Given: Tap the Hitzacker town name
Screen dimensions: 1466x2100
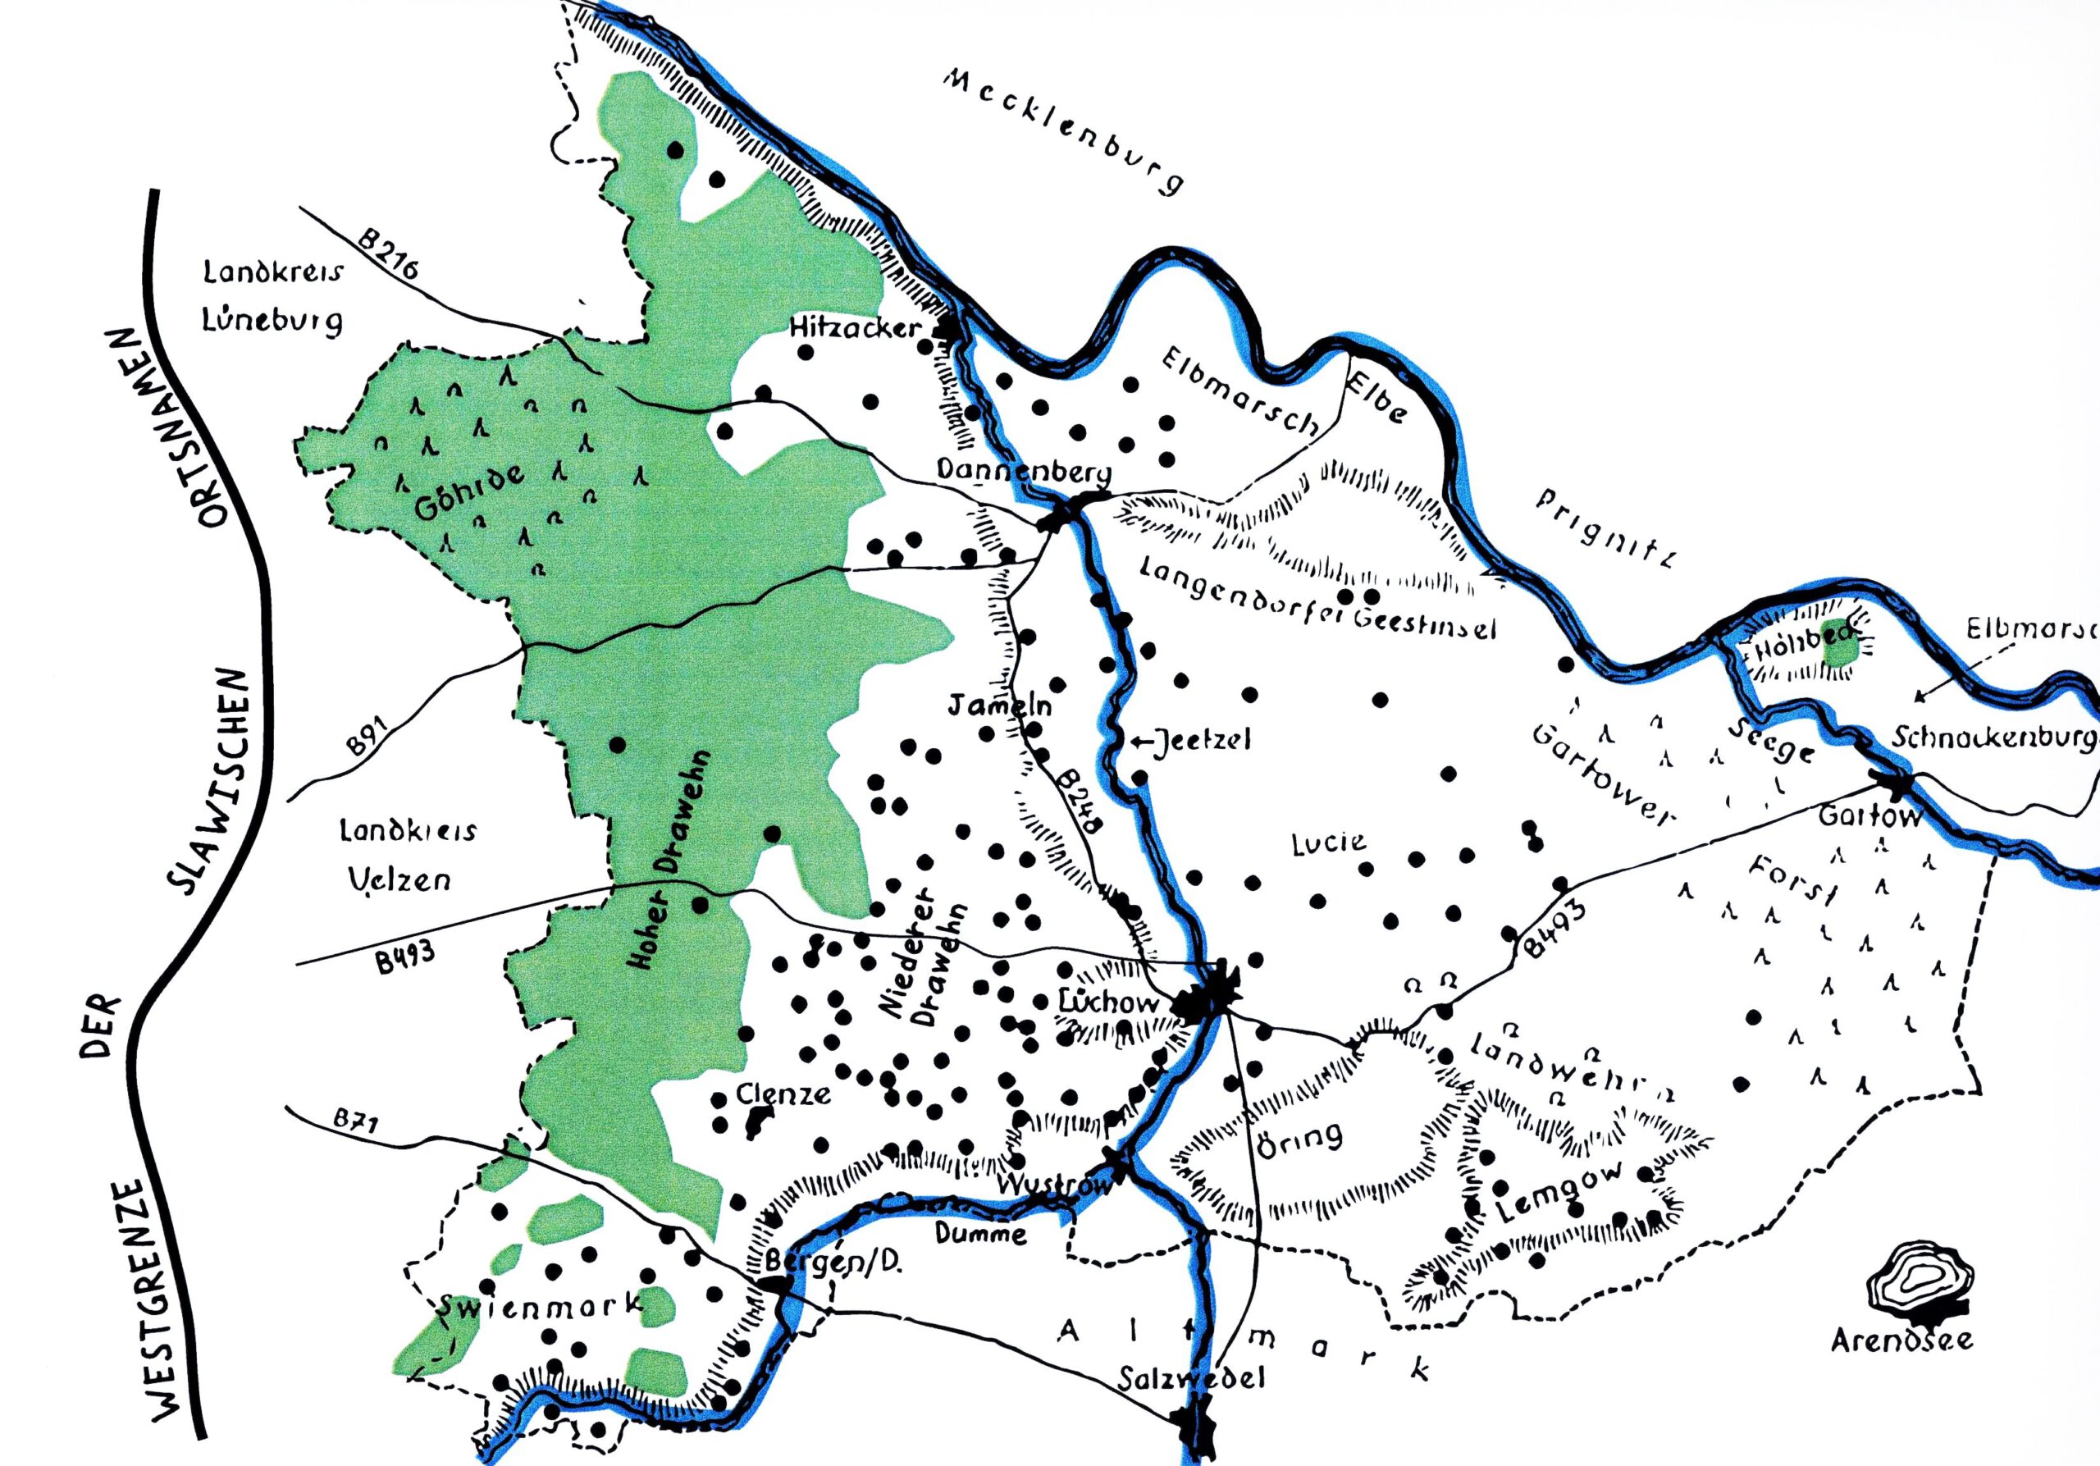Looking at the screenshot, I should (856, 328).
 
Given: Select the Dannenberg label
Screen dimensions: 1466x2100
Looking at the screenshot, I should (1025, 473).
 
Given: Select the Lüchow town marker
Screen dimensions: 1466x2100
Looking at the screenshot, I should (1207, 999).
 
